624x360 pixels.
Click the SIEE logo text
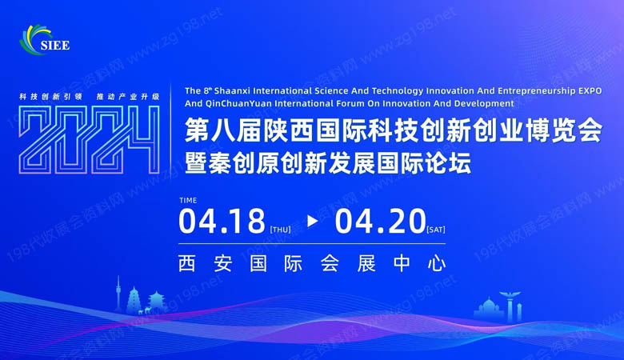pyautogui.click(x=54, y=46)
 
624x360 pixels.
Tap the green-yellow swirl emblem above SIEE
pyautogui.click(x=37, y=35)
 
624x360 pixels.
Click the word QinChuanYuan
pyautogui.click(x=240, y=103)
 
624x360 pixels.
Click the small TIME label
pyautogui.click(x=189, y=201)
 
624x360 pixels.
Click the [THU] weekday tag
pyautogui.click(x=280, y=230)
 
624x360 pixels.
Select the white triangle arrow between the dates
pyautogui.click(x=312, y=222)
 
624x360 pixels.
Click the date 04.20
pyautogui.click(x=381, y=221)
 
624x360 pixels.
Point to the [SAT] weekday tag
pyautogui.click(x=436, y=230)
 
